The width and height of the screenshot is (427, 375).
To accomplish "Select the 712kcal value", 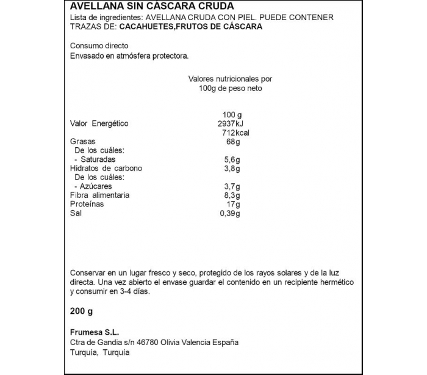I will click(x=237, y=133).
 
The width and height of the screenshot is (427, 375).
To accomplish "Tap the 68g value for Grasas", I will click(x=232, y=142).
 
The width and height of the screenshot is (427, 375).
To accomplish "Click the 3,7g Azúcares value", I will click(x=232, y=186).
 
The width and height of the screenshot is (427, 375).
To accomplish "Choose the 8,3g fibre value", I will click(x=232, y=195).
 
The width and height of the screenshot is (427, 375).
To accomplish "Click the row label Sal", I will click(x=76, y=213).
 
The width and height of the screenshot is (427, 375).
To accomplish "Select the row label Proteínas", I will click(x=87, y=204).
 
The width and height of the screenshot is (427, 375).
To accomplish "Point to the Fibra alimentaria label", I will click(x=99, y=195).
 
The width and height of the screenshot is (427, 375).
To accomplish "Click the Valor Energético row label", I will click(x=99, y=124).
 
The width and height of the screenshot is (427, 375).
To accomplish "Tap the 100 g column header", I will click(x=232, y=115).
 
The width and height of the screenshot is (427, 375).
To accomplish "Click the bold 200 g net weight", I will click(x=82, y=311).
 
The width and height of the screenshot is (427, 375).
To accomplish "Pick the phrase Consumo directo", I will click(x=99, y=46).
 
